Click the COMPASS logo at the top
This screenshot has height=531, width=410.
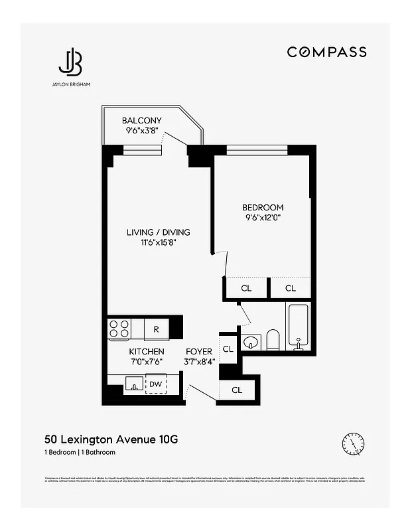click(326, 52)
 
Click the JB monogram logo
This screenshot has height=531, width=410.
click(70, 62)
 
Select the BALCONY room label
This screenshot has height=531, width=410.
click(141, 121)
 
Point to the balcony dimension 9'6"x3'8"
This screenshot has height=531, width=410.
click(141, 131)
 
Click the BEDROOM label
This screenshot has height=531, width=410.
click(263, 207)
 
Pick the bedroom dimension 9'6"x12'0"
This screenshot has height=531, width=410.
click(263, 218)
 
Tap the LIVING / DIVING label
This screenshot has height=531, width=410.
click(158, 232)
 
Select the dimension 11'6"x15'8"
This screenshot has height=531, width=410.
click(158, 243)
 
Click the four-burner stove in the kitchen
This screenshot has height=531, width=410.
click(119, 329)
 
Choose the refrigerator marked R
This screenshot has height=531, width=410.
click(156, 329)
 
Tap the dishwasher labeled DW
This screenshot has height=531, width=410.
click(155, 384)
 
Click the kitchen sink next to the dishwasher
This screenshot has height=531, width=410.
click(133, 384)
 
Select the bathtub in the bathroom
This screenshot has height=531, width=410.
click(298, 326)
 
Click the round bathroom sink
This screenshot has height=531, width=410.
click(251, 342)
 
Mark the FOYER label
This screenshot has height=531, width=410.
click(199, 351)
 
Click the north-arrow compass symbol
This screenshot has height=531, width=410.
click(353, 443)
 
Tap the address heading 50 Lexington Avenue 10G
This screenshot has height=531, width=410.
click(111, 439)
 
